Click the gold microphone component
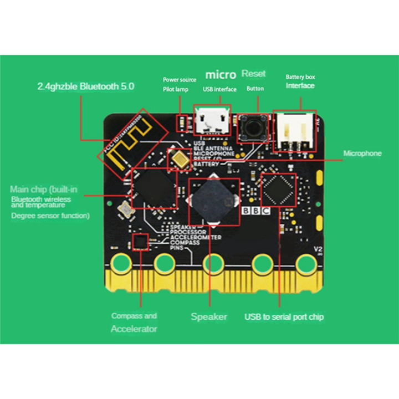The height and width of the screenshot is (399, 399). (x=180, y=160)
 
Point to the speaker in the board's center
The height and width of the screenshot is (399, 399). (x=213, y=202)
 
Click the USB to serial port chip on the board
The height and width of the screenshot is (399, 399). (x=278, y=190)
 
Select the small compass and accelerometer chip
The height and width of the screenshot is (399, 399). (x=141, y=242)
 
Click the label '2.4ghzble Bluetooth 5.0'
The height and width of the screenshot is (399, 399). (x=85, y=86)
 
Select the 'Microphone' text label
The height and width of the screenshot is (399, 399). (x=362, y=153)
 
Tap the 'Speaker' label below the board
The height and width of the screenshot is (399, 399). (x=209, y=317)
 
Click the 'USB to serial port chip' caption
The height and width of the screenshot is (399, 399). (x=284, y=317)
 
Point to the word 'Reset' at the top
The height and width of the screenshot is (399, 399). (x=254, y=74)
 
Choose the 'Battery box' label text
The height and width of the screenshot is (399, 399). (x=300, y=77)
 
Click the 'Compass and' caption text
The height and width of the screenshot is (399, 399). (x=134, y=316)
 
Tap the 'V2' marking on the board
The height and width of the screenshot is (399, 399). (x=318, y=249)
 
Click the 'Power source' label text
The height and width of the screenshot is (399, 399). (x=179, y=80)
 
